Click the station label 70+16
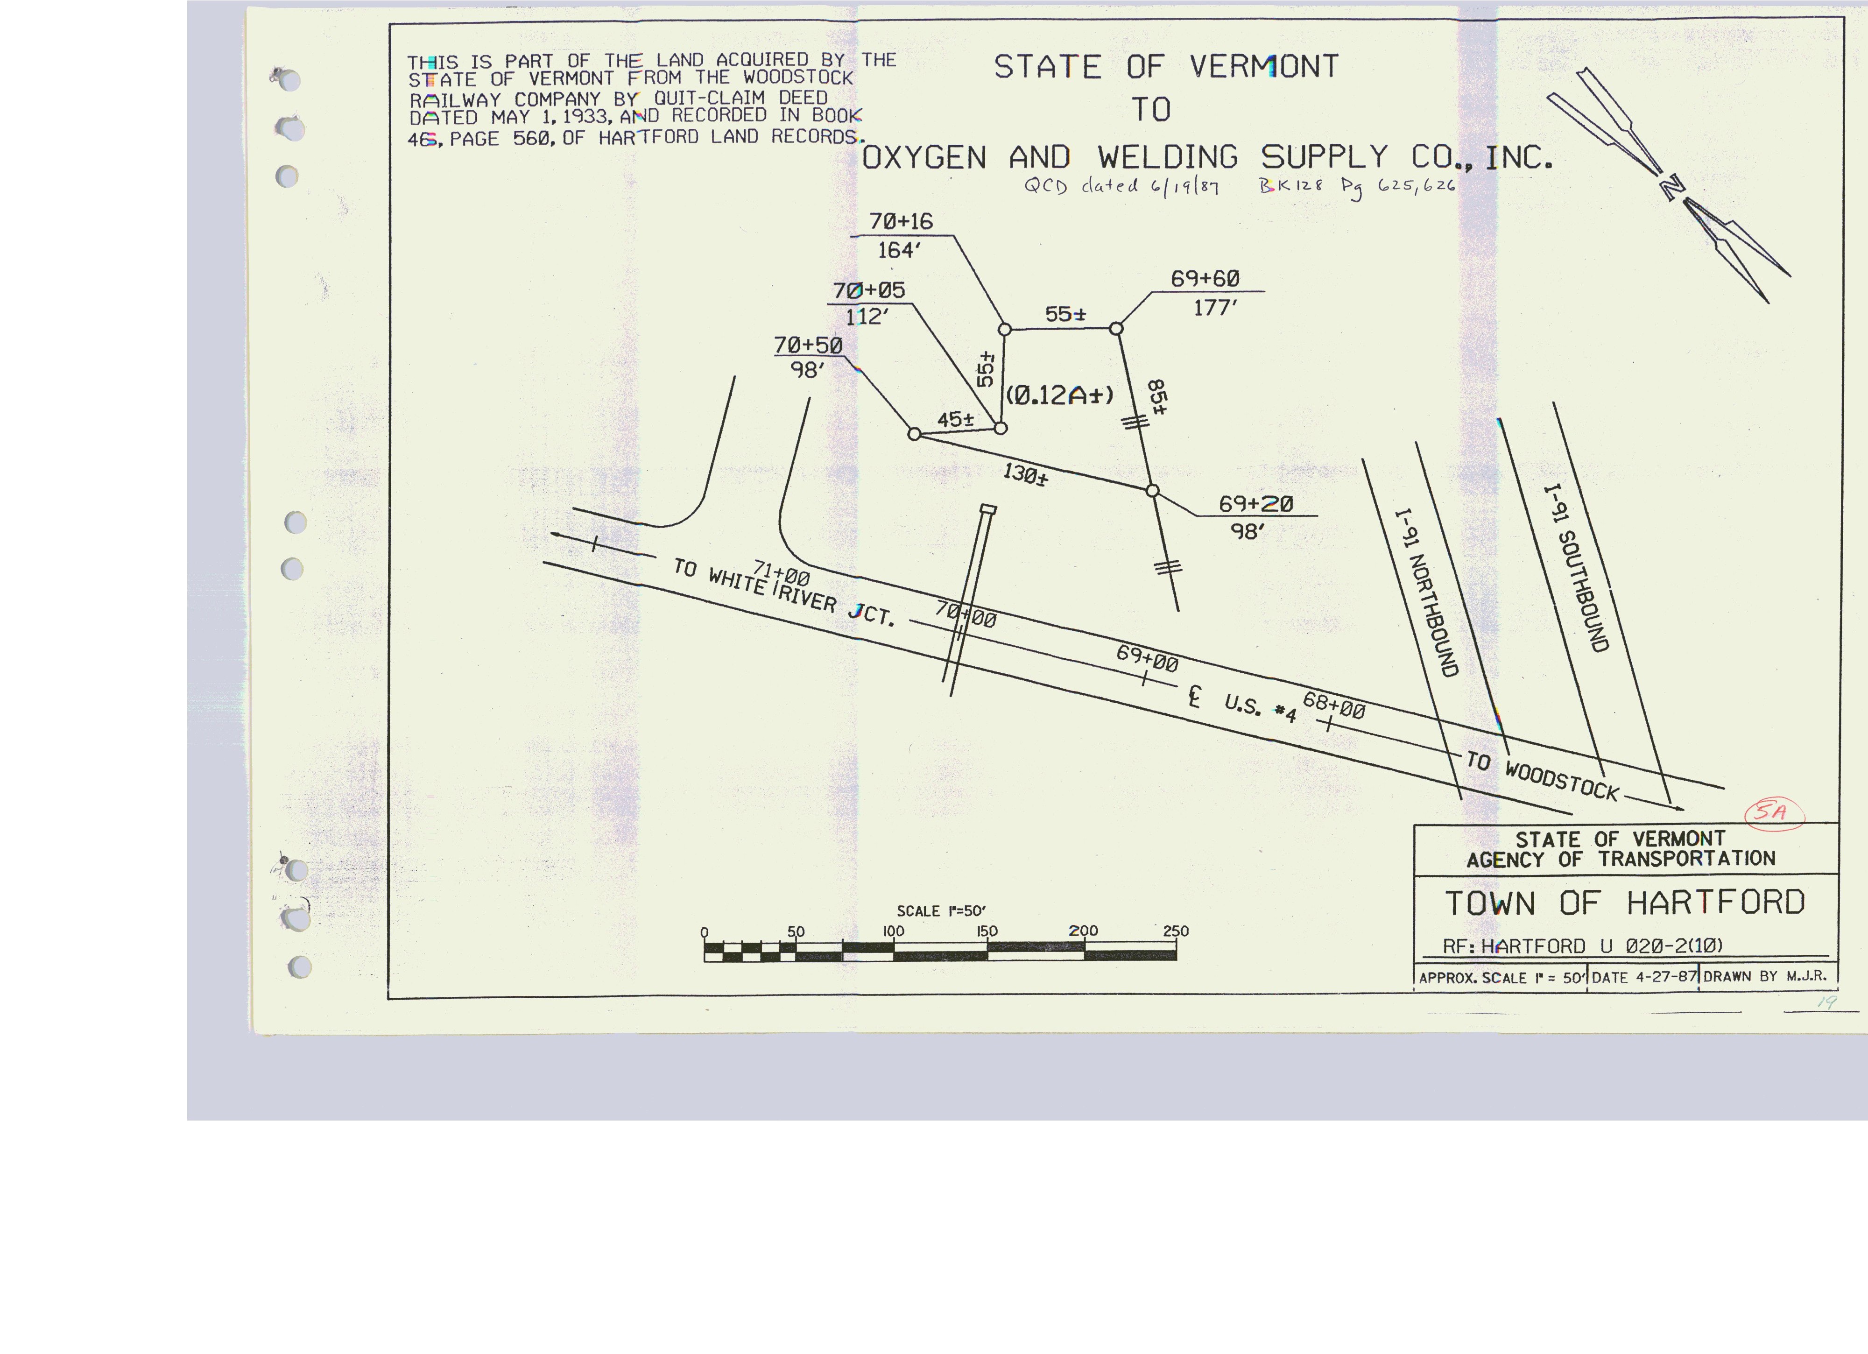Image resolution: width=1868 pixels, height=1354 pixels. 901,222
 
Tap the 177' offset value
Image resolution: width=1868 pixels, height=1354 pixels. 1216,308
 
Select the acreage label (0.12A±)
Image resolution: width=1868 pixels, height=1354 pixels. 1059,395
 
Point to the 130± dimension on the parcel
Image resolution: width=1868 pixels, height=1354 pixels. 1025,474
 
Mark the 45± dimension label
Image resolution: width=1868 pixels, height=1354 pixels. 955,419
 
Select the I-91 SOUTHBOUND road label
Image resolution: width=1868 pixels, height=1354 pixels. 1576,568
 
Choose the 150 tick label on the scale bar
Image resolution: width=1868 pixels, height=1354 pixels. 987,931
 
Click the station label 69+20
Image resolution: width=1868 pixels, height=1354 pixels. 1256,503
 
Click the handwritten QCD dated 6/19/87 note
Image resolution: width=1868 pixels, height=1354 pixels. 1121,186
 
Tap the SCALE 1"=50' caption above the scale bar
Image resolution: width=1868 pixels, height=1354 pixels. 941,911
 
